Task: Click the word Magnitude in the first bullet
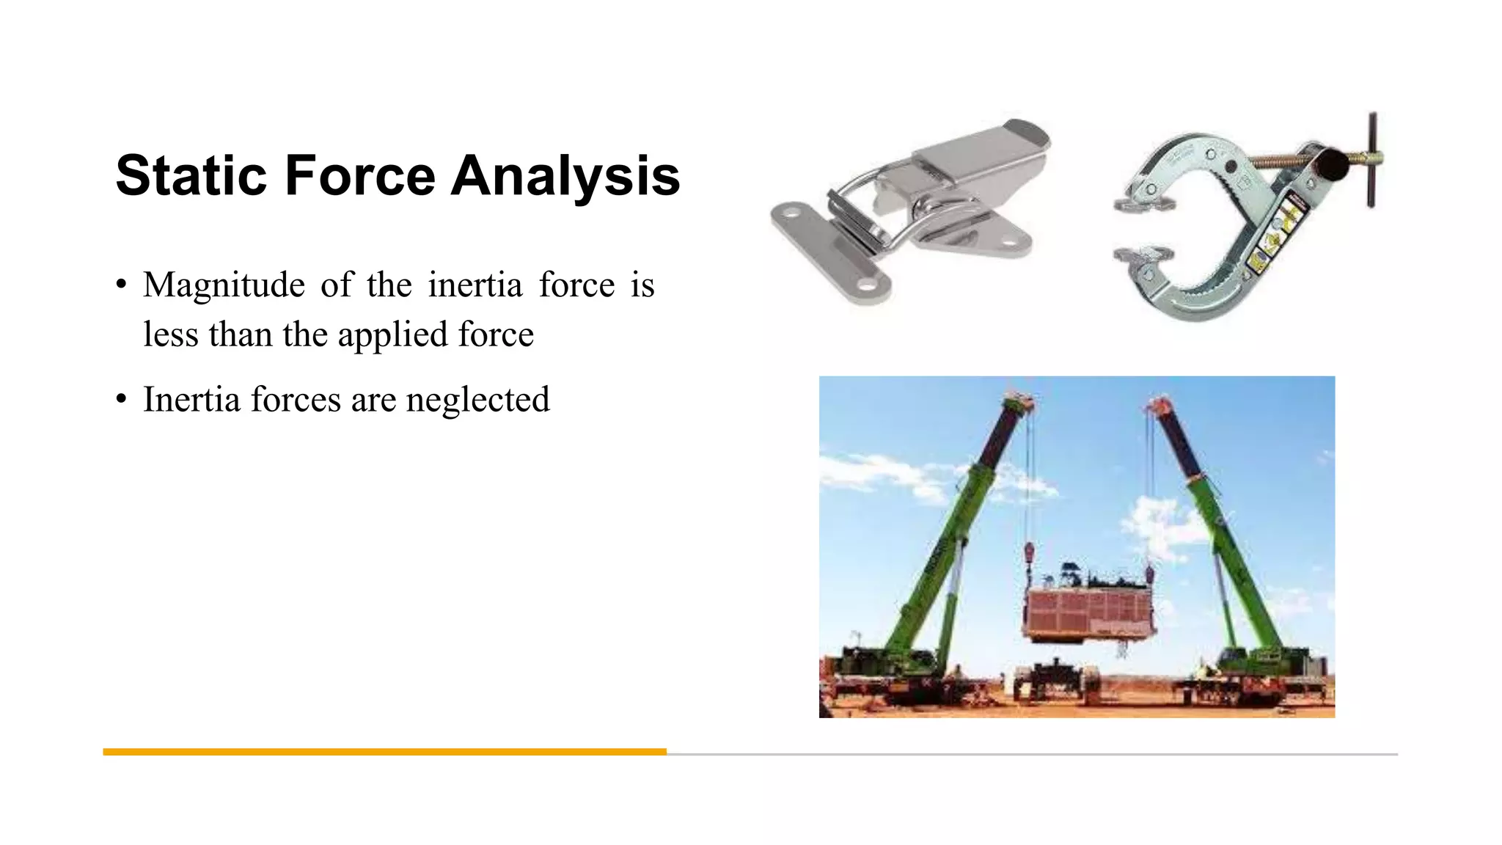click(x=224, y=285)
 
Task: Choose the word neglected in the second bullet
click(x=477, y=400)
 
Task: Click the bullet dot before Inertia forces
click(x=122, y=400)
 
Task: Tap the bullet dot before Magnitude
click(x=122, y=285)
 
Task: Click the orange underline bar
click(x=384, y=752)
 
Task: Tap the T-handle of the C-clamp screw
click(x=1371, y=160)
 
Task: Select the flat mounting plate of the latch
click(x=829, y=253)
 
